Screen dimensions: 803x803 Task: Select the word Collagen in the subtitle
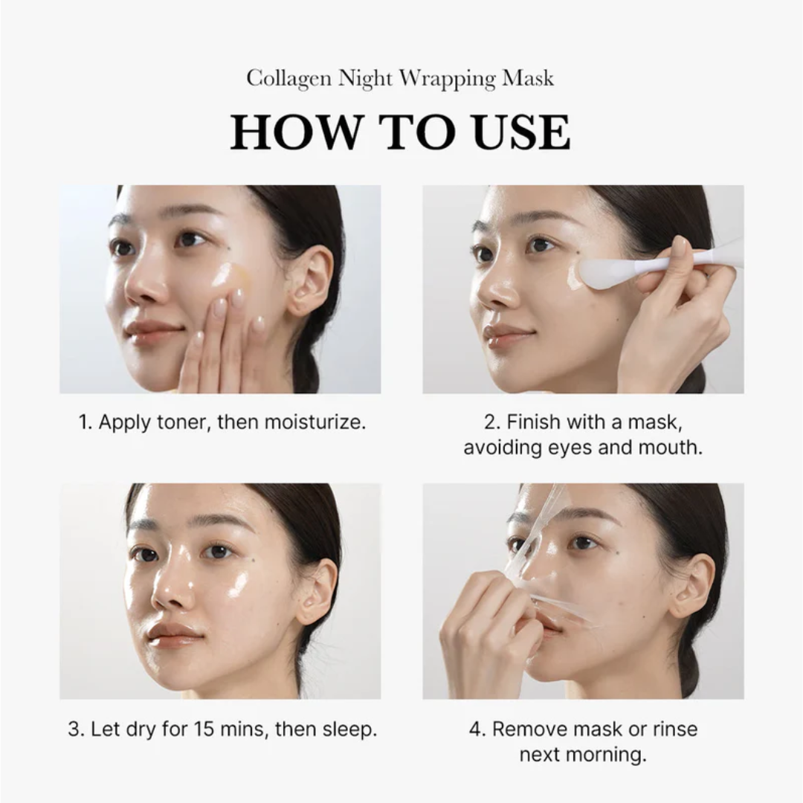(x=290, y=78)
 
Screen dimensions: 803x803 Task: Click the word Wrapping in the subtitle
(x=434, y=78)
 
